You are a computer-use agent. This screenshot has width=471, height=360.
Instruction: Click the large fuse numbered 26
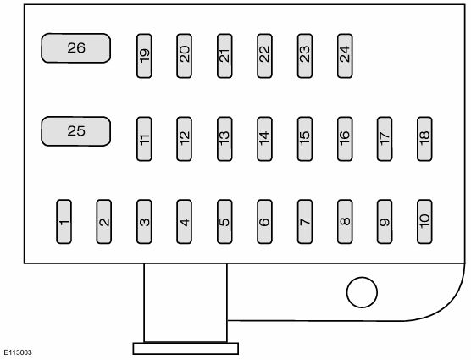(x=75, y=48)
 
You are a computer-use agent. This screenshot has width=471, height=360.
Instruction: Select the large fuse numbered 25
(x=75, y=131)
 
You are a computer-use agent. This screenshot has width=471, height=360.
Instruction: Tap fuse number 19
(x=144, y=56)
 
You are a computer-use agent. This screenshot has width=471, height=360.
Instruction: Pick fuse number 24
(x=345, y=56)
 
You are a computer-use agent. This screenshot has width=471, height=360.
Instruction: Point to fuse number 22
(x=264, y=56)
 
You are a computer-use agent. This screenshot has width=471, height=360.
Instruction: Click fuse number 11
(x=144, y=139)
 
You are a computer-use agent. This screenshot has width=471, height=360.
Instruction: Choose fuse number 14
(x=264, y=139)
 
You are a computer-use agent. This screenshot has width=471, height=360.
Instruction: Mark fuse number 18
(x=424, y=139)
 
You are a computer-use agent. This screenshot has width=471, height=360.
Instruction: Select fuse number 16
(x=345, y=139)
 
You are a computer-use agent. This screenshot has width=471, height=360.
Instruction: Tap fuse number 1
(x=64, y=222)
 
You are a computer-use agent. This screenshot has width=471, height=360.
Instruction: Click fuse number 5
(x=224, y=222)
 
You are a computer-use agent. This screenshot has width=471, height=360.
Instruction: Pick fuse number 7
(x=305, y=222)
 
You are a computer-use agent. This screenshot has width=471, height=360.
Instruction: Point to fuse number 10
(x=424, y=222)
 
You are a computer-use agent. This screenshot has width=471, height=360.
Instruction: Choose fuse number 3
(x=144, y=222)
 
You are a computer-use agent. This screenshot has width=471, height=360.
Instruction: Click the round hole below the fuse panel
(x=362, y=292)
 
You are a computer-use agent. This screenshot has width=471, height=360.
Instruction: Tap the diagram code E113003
(x=18, y=352)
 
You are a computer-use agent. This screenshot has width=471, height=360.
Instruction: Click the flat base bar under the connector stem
(x=186, y=349)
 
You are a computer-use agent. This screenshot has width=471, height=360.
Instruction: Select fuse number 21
(x=224, y=56)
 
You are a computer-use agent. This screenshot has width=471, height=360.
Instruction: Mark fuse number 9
(x=385, y=222)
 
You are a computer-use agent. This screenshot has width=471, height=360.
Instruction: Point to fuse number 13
(x=224, y=139)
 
